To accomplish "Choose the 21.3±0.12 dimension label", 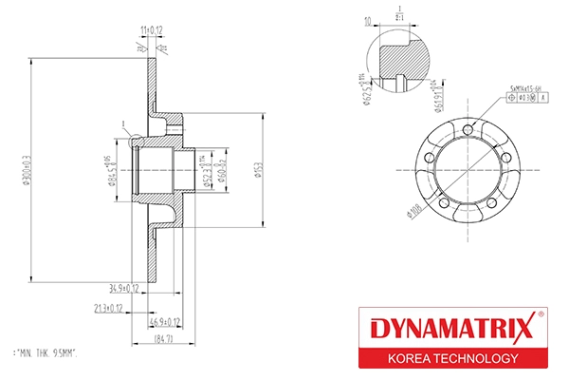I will [110, 308].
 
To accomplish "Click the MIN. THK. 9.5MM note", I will [46, 352].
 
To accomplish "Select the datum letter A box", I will [544, 97].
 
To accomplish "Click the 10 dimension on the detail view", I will [367, 20].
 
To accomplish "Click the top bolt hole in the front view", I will [469, 128].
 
